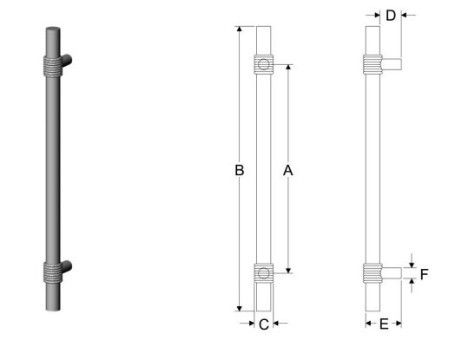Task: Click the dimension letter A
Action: click(x=287, y=171)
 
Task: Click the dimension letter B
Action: click(x=240, y=170)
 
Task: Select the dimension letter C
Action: click(x=264, y=324)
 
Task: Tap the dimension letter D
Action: click(x=391, y=16)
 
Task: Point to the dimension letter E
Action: click(x=384, y=324)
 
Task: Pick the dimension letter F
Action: click(x=425, y=274)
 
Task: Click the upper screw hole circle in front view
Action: click(x=264, y=64)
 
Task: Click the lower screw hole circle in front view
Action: click(x=264, y=273)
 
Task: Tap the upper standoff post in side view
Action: click(x=392, y=64)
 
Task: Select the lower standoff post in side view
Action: click(x=392, y=273)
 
